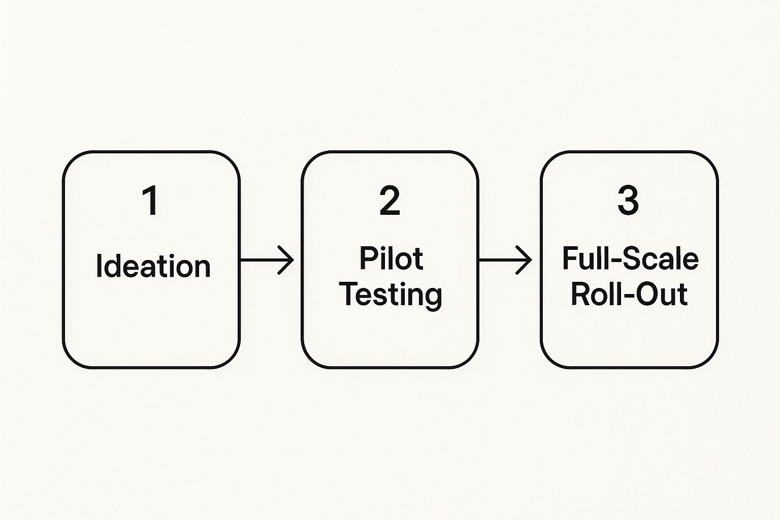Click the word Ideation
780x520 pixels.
click(153, 266)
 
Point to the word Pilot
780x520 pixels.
click(391, 258)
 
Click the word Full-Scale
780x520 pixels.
click(630, 258)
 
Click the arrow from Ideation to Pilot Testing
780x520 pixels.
click(267, 260)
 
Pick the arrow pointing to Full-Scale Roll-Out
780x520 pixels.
click(505, 260)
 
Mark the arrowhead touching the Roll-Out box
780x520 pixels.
click(524, 260)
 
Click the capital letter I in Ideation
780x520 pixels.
click(99, 266)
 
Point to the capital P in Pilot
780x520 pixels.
click(368, 258)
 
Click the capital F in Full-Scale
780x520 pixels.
click(570, 258)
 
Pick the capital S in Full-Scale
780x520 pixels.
click(630, 258)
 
